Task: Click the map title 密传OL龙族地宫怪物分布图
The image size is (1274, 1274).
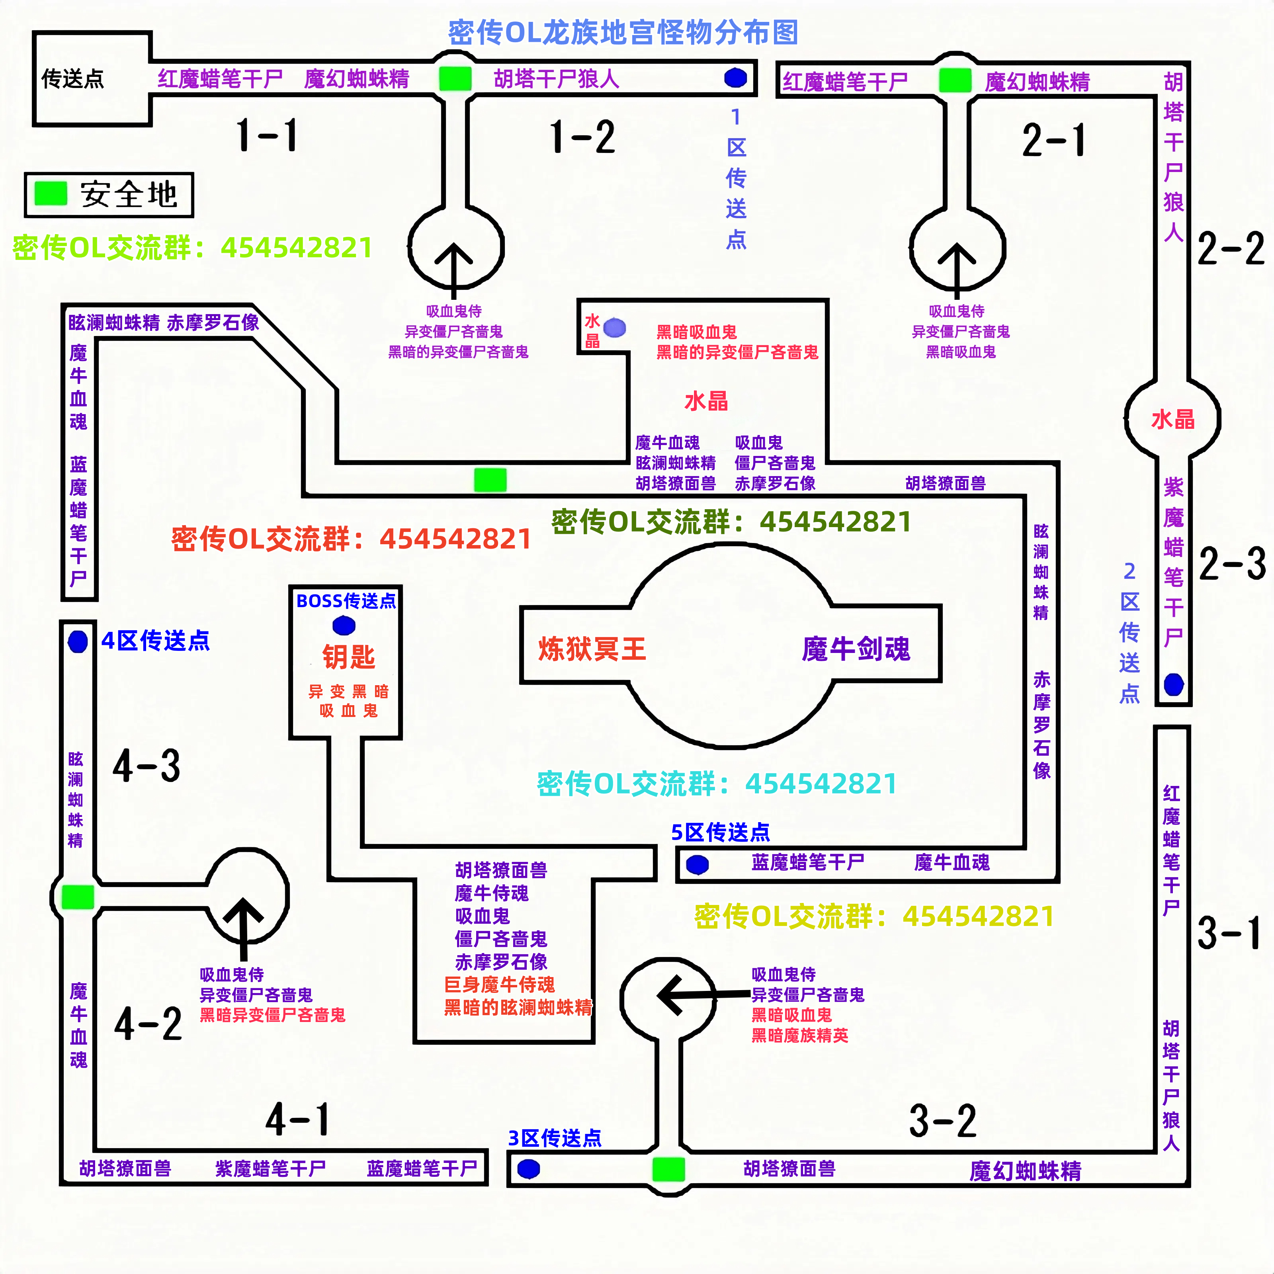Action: [x=623, y=32]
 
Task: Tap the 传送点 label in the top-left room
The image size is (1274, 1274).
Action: [x=72, y=79]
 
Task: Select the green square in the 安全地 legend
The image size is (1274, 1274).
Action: [x=51, y=194]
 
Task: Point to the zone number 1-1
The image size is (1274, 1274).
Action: [x=267, y=135]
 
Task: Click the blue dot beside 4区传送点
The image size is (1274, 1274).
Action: [x=78, y=641]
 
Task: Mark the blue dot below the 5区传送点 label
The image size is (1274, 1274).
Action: [x=697, y=864]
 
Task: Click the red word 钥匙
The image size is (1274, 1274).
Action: [x=348, y=657]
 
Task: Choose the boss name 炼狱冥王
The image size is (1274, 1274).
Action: [x=592, y=649]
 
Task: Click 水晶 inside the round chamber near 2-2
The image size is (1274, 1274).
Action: [x=1172, y=419]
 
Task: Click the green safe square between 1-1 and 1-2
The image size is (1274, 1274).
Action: [x=455, y=78]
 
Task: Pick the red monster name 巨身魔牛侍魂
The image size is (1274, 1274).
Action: [x=499, y=985]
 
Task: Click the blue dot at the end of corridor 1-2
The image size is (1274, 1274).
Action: [x=735, y=78]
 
